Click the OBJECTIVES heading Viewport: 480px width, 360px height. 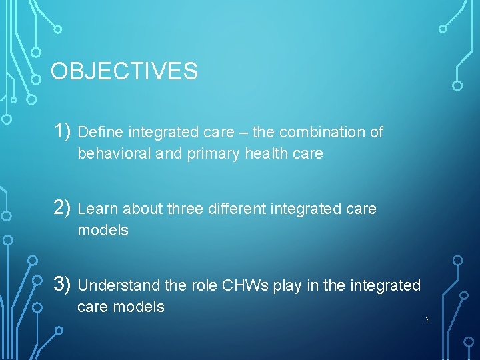click(124, 71)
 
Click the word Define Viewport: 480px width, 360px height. click(101, 133)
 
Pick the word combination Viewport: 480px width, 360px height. click(323, 133)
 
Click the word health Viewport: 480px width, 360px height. click(267, 154)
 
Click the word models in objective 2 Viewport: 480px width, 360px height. click(103, 231)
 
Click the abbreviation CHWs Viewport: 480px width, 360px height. click(246, 286)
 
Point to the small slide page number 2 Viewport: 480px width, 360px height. click(427, 319)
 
